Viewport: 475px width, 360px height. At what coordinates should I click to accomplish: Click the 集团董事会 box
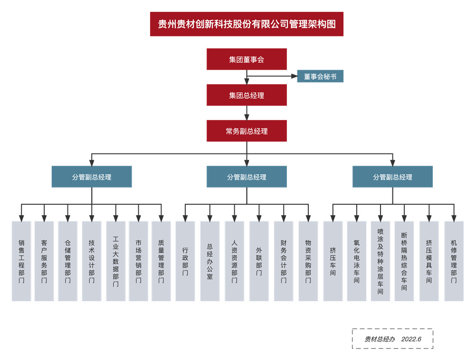[x=247, y=59]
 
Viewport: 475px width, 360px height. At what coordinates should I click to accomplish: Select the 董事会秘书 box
[x=320, y=76]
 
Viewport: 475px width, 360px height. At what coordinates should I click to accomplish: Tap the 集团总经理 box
[x=247, y=95]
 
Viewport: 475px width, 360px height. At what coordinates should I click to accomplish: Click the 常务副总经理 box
[x=247, y=131]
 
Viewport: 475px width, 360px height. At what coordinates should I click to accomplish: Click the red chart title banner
[x=247, y=24]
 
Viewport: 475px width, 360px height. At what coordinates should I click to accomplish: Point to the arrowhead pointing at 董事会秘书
[x=294, y=76]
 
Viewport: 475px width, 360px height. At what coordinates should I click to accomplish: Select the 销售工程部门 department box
[x=21, y=261]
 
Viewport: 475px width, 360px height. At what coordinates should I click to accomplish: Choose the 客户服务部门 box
[x=44, y=261]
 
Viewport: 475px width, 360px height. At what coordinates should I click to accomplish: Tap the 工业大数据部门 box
[x=115, y=261]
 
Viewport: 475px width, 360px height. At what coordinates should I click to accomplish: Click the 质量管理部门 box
[x=161, y=261]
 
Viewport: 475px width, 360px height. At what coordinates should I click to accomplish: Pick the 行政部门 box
[x=185, y=261]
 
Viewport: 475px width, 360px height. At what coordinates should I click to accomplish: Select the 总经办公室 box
[x=209, y=261]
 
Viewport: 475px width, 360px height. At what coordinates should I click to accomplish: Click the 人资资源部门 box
[x=234, y=261]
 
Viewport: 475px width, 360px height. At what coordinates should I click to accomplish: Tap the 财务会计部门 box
[x=284, y=261]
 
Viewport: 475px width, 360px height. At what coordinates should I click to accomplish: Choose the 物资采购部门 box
[x=308, y=261]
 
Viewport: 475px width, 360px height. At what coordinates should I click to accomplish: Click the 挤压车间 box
[x=333, y=261]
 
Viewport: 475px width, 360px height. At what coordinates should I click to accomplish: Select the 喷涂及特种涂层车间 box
[x=380, y=261]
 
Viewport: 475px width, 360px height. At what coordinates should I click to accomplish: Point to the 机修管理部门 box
[x=454, y=261]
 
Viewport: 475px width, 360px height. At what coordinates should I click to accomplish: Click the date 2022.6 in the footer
[x=411, y=339]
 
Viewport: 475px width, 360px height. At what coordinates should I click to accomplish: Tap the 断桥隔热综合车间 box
[x=404, y=261]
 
